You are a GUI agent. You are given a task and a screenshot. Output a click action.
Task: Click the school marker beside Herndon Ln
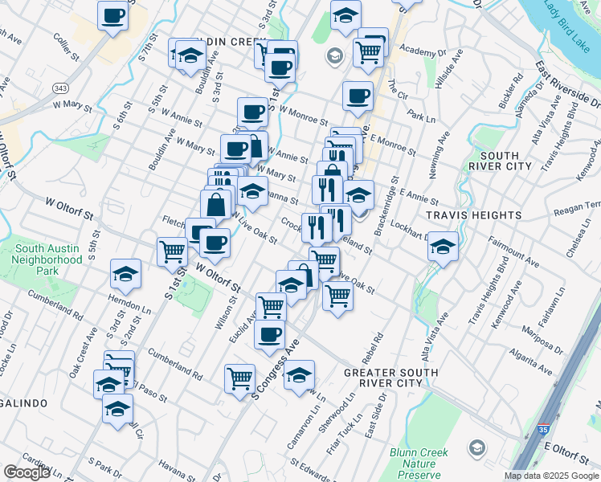pos(125,273)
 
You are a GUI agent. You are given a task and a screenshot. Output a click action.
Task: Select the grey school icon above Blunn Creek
pos(476,447)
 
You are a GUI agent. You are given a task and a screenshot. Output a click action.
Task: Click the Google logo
pos(27,472)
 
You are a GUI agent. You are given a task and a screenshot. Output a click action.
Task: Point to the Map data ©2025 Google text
pos(550,476)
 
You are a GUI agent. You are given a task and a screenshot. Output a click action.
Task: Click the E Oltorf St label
pos(567,447)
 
